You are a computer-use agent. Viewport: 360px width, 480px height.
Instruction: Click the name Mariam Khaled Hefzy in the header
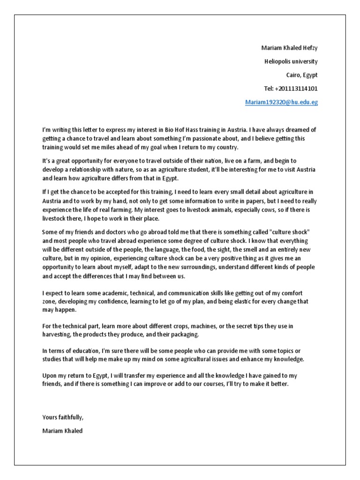289,48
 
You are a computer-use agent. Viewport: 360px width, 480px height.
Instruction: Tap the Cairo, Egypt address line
302,75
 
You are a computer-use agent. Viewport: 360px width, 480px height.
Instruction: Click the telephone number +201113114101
291,89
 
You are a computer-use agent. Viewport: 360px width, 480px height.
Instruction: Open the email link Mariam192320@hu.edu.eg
281,102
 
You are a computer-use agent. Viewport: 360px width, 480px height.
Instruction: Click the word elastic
255,302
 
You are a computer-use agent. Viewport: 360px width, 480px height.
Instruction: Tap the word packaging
185,335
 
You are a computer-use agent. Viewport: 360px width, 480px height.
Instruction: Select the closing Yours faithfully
63,417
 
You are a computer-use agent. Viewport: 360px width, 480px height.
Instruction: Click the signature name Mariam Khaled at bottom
62,431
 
